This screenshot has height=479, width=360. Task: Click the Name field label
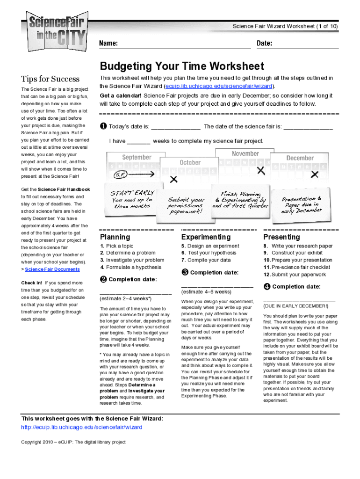tap(108, 44)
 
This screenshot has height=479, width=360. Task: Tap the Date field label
tap(265, 44)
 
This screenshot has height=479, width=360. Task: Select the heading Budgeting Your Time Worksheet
tap(182, 66)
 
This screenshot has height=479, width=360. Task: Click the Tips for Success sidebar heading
tap(50, 79)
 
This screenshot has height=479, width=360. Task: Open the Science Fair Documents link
tap(52, 269)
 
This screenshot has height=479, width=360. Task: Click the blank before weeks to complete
tap(138, 141)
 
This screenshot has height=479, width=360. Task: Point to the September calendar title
tap(137, 157)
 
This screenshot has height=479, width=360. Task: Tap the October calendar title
tap(190, 162)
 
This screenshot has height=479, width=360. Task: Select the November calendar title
tap(245, 153)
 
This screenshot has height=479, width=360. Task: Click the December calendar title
tap(300, 158)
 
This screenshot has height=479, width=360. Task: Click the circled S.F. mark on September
tap(119, 174)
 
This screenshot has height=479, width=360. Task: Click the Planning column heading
tap(115, 237)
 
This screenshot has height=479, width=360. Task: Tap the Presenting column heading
tap(281, 237)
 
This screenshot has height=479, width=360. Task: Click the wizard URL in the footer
tap(82, 427)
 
